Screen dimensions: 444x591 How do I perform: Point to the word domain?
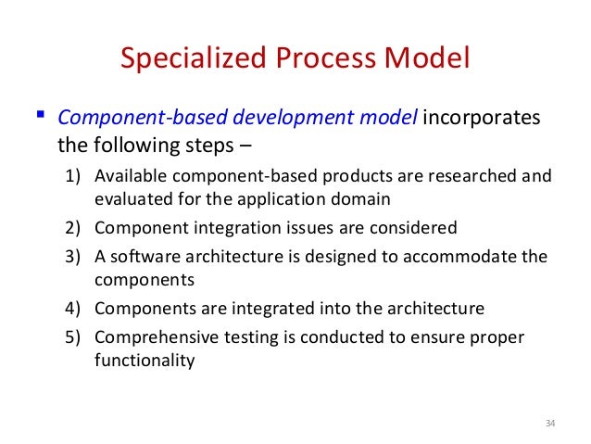[x=363, y=197]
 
